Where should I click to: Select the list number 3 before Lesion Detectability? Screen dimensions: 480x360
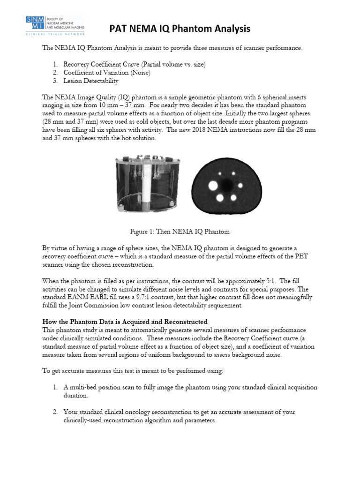55,81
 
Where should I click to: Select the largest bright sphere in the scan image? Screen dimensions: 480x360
213,187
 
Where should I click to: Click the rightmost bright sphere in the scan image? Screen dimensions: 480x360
240,186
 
